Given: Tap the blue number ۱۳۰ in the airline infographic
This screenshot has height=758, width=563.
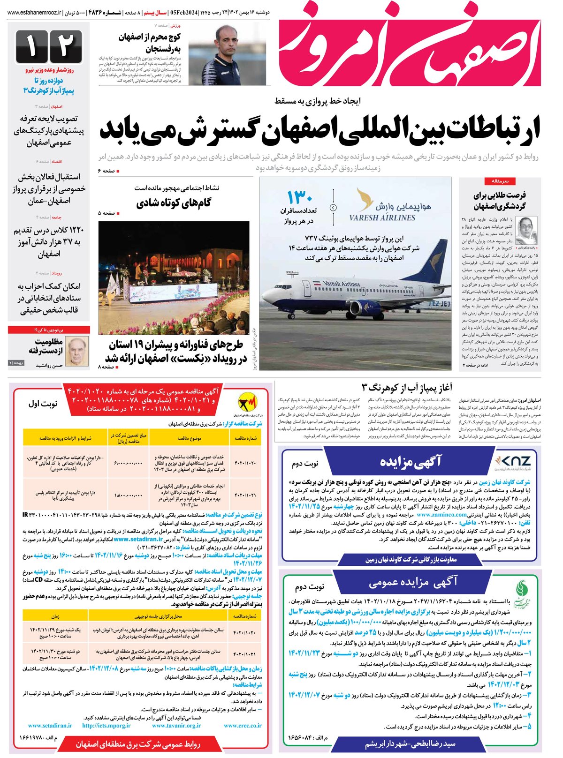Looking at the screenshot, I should click(300, 196).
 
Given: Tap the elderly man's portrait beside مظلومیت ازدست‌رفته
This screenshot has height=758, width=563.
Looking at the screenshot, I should click(76, 351).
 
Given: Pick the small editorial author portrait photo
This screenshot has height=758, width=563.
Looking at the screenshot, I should click(526, 230).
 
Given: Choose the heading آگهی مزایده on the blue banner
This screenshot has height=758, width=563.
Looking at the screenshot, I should click(411, 461).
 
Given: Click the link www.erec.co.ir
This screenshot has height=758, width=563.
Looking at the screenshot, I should click(243, 725).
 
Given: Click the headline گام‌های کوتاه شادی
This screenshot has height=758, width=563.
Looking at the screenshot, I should click(173, 203).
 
